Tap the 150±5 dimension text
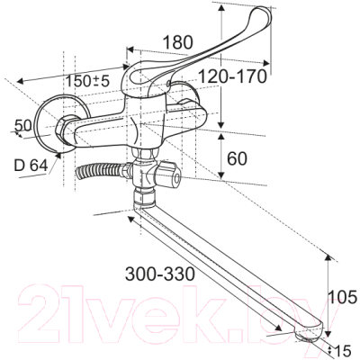[x=87, y=81]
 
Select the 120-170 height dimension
[x=233, y=76]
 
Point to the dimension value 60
[x=237, y=158]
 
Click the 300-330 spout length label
[x=160, y=274]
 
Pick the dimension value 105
[x=343, y=297]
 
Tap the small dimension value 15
[x=342, y=350]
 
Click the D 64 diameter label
[x=31, y=165]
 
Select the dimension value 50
[x=23, y=125]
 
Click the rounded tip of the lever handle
[x=263, y=14]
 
